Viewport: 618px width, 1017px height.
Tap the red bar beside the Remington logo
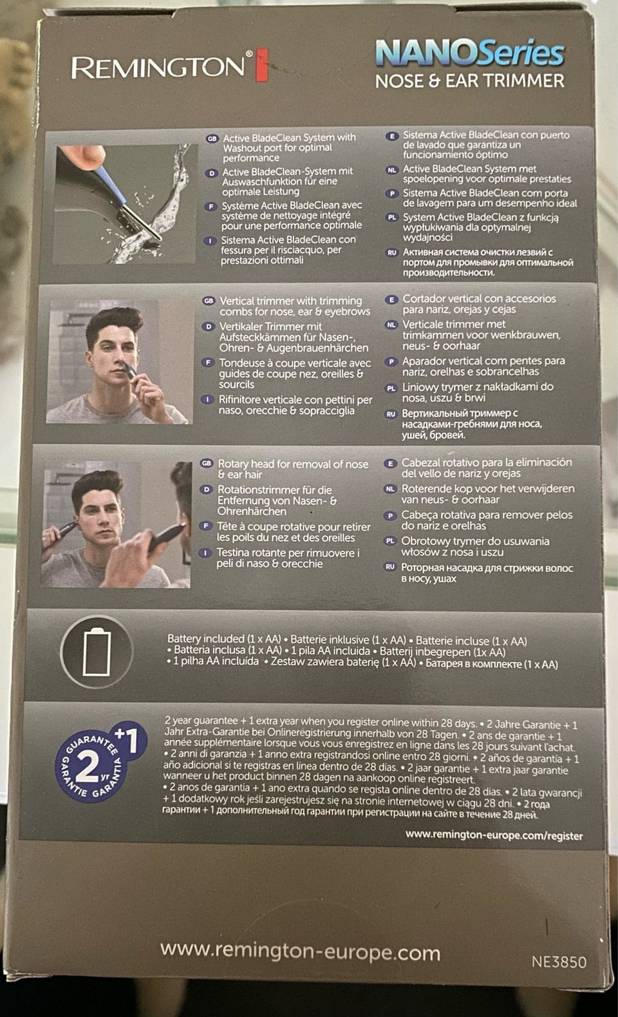tap(262, 65)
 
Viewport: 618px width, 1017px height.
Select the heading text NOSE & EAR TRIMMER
tap(470, 81)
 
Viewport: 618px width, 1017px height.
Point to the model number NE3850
tap(559, 962)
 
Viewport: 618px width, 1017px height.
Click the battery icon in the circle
tap(97, 652)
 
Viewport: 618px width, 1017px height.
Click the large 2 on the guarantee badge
tap(87, 766)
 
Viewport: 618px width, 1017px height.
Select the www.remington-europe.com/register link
tap(494, 835)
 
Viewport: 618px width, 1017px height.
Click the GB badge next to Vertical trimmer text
tap(209, 301)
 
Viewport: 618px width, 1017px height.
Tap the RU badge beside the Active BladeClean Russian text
tap(392, 252)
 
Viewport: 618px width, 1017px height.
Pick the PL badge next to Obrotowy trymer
tap(390, 541)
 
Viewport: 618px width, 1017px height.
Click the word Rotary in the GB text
tap(233, 464)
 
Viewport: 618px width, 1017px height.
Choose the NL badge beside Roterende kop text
tap(390, 489)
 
